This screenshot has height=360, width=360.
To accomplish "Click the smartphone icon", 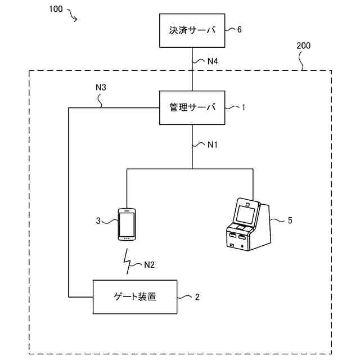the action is click(x=127, y=224).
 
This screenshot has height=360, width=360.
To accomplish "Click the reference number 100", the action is click(x=56, y=9).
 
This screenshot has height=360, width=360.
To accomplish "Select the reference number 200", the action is click(x=303, y=46).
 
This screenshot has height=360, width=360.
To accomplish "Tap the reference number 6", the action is click(x=239, y=30).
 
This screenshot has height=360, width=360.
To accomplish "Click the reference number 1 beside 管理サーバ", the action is click(x=244, y=107).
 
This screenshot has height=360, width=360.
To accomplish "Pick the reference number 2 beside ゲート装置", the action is click(x=197, y=297).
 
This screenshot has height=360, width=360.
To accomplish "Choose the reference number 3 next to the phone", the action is click(x=98, y=220).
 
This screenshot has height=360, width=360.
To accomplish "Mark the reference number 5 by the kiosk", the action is click(x=290, y=220).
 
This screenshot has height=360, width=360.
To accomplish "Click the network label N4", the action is click(x=213, y=61).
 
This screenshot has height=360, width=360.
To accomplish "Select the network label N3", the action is click(x=101, y=87).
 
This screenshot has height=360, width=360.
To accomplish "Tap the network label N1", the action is click(x=213, y=145).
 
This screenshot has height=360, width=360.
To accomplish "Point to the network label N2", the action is click(x=149, y=265).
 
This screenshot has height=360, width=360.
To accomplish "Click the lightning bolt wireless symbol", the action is click(x=127, y=261).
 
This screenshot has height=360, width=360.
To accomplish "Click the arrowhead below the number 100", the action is click(x=75, y=20).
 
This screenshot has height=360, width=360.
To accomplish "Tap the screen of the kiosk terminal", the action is click(x=246, y=215).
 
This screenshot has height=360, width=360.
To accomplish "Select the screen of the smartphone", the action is click(x=127, y=224).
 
